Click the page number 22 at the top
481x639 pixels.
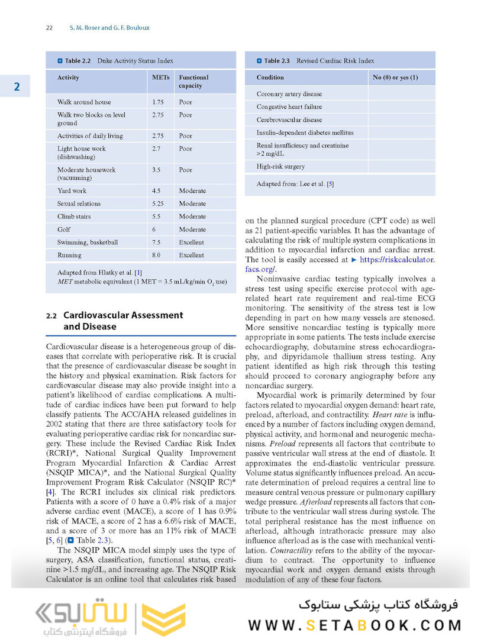click(x=50, y=28)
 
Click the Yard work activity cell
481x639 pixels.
click(x=72, y=191)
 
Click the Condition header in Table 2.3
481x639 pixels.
click(x=270, y=78)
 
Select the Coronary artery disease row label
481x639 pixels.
click(x=289, y=94)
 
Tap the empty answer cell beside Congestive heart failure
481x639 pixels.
click(x=401, y=107)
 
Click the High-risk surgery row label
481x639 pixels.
click(x=281, y=167)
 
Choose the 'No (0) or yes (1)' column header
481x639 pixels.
click(x=395, y=78)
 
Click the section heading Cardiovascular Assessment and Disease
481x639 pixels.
click(x=122, y=321)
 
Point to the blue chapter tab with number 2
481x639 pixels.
click(x=16, y=87)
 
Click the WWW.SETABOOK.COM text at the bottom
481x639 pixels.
click(x=354, y=625)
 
